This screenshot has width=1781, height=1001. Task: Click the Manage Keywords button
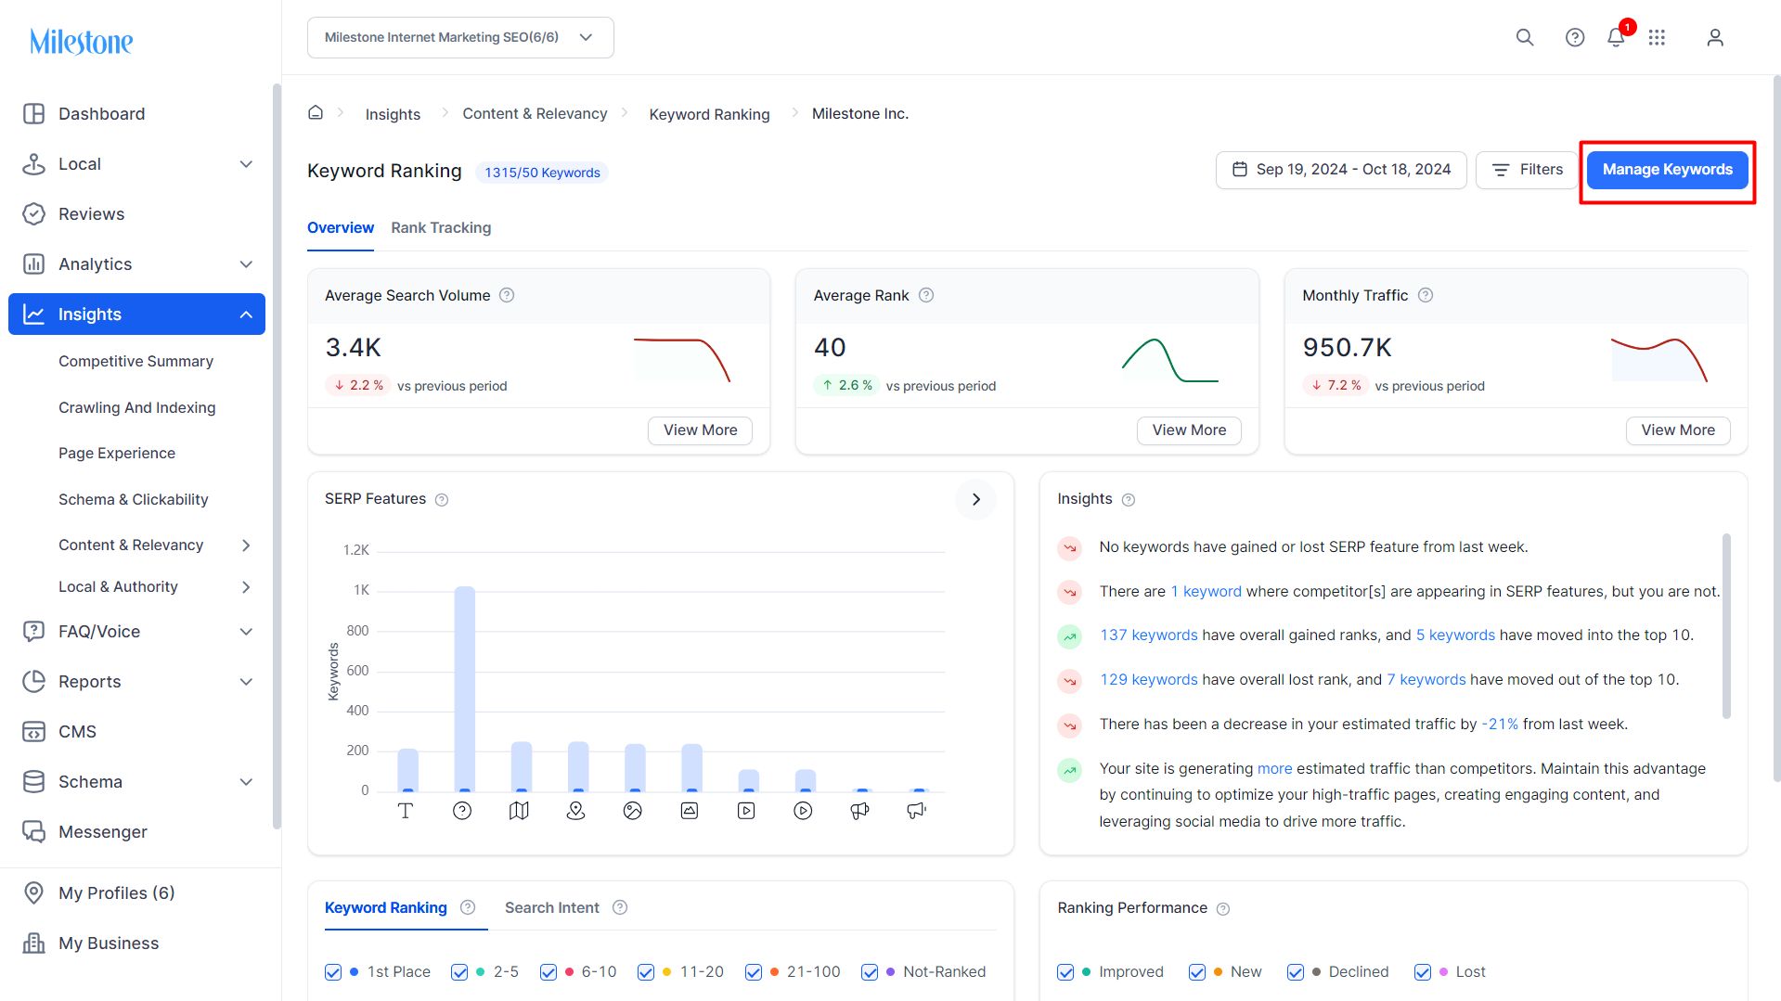1667,170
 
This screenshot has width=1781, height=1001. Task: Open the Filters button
1527,170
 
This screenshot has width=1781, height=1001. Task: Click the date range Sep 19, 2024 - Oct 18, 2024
1341,170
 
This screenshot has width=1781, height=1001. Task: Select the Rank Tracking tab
441,228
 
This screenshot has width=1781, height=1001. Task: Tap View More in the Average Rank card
1189,430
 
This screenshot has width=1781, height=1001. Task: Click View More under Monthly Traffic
1678,430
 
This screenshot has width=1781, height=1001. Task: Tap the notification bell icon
1616,37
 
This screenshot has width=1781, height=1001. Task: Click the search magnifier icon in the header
1525,37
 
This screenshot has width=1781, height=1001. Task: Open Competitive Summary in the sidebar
136,361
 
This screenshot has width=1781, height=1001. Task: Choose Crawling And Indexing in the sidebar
136,407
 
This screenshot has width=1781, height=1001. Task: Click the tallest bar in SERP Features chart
464,688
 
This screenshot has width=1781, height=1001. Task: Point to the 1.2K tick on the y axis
356,550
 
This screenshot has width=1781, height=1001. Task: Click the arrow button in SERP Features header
975,499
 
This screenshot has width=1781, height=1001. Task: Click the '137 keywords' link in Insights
1149,635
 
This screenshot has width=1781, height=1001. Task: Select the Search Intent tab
552,908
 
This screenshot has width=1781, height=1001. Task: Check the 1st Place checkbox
333,972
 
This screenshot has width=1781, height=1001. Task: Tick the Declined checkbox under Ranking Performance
1296,972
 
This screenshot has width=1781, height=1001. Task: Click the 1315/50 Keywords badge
542,173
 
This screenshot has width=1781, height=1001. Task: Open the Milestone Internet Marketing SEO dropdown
460,38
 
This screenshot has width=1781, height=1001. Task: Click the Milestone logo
82,41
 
